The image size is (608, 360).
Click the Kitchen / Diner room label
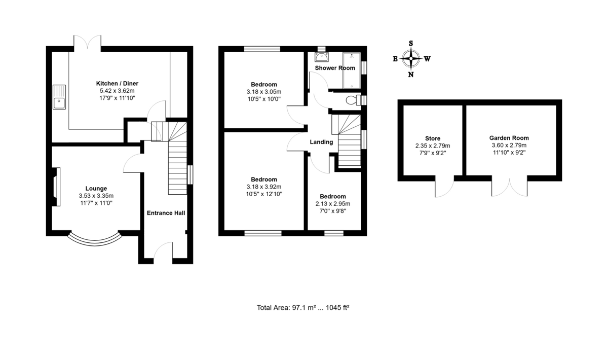tap(117, 84)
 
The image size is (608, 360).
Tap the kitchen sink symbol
tap(59, 97)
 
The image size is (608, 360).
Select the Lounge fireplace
tap(56, 187)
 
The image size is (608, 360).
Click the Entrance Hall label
tap(166, 213)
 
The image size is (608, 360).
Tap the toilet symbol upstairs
tap(354, 100)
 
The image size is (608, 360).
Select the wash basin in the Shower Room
tap(321, 57)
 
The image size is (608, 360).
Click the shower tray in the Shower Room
tap(352, 70)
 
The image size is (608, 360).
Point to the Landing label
tap(321, 142)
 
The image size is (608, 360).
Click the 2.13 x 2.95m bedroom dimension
tap(333, 204)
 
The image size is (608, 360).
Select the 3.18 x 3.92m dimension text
tap(264, 187)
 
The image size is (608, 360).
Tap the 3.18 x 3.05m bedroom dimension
tap(264, 92)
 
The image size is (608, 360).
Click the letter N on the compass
tap(411, 75)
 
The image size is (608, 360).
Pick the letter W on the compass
tap(427, 59)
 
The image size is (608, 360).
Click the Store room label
tap(433, 138)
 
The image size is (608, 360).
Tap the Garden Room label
tap(509, 138)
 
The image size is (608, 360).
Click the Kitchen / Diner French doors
tap(87, 42)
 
